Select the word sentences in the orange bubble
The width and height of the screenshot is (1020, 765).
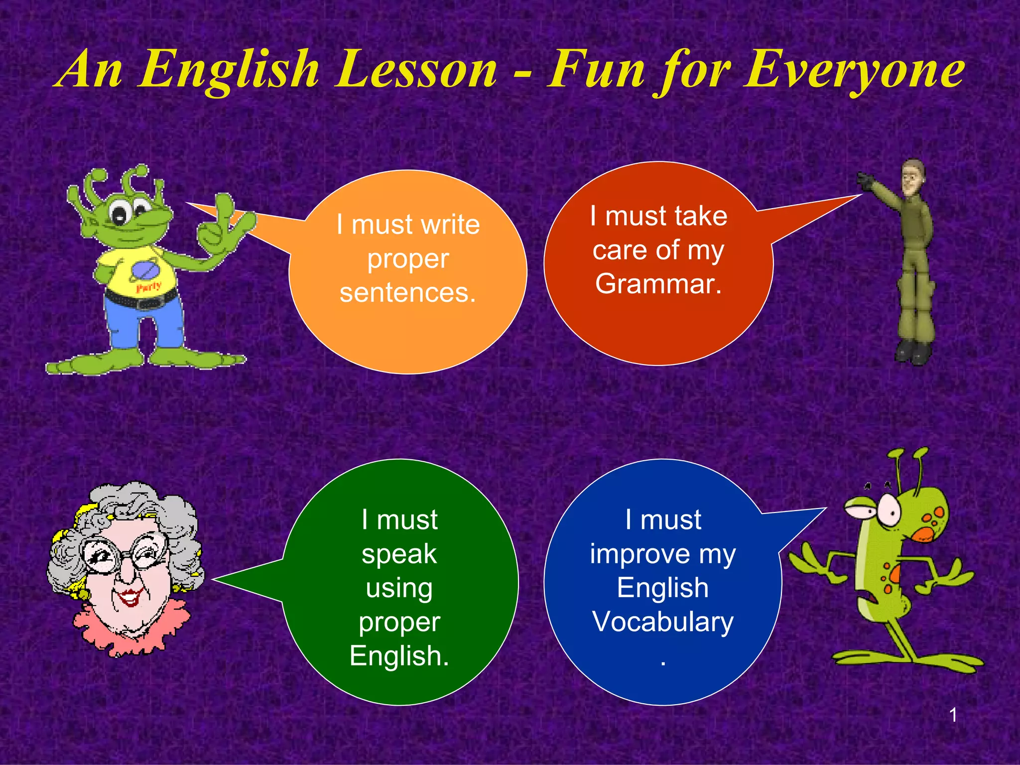pyautogui.click(x=407, y=292)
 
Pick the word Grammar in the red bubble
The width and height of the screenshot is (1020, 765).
pyautogui.click(x=658, y=284)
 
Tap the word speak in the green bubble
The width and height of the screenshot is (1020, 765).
pyautogui.click(x=399, y=554)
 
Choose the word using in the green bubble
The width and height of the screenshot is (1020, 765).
pyautogui.click(x=399, y=589)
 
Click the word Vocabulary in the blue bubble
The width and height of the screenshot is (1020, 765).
pyautogui.click(x=663, y=622)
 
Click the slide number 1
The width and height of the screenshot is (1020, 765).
pyautogui.click(x=953, y=715)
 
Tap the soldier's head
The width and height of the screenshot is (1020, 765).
pyautogui.click(x=913, y=177)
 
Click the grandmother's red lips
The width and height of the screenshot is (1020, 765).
pyautogui.click(x=130, y=597)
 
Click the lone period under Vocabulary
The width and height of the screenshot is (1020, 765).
pyautogui.click(x=663, y=663)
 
